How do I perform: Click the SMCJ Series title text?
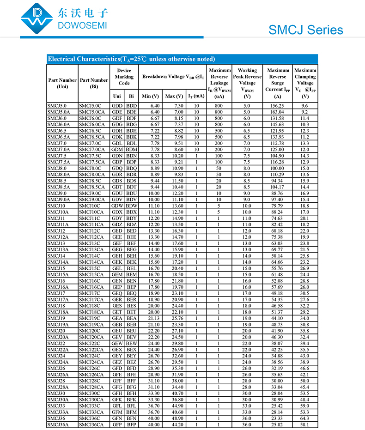306,30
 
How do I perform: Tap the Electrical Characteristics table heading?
131,59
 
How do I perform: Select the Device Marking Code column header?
124,77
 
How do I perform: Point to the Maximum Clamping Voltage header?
305,83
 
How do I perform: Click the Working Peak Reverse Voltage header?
247,83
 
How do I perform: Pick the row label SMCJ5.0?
57,106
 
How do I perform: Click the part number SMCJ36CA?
91,424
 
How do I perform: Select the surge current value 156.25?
277,106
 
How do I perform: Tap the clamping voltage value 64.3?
305,418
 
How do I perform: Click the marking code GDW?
117,206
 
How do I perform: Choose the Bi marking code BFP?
132,424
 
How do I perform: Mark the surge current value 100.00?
277,168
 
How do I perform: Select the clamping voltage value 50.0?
305,381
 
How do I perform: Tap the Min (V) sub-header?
151,96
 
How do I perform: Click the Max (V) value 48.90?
174,418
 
